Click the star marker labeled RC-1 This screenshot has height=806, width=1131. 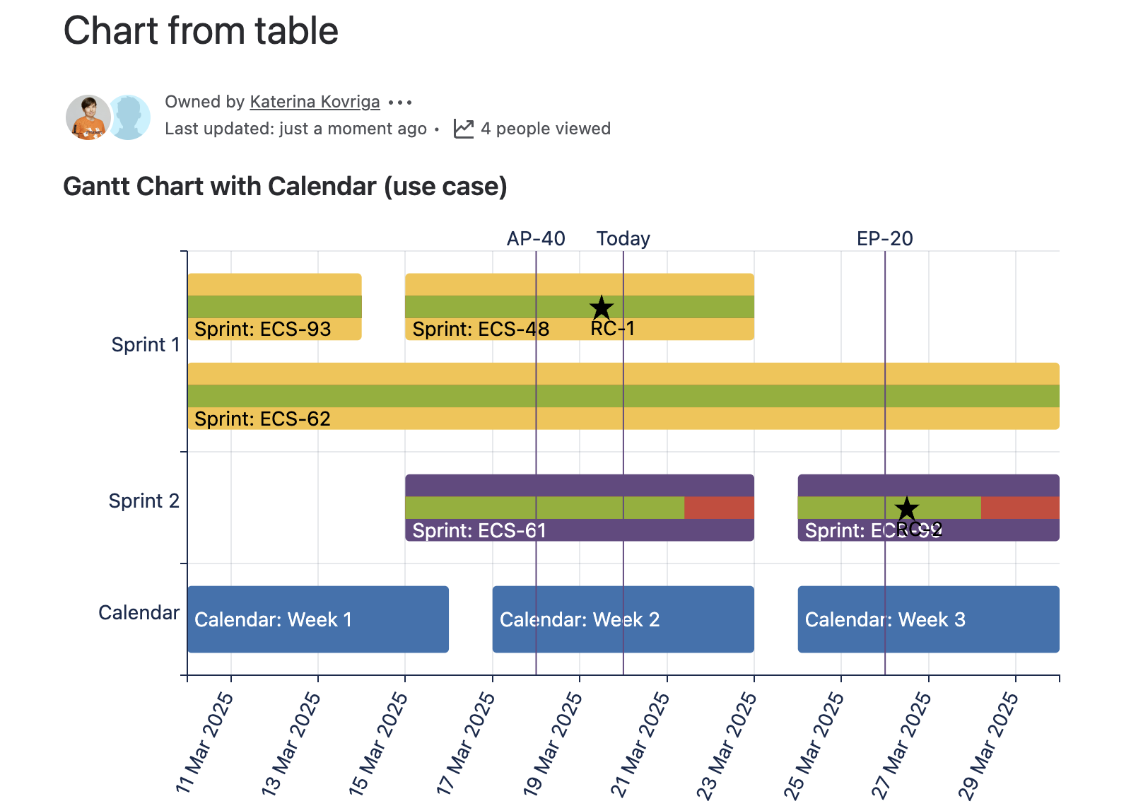click(602, 308)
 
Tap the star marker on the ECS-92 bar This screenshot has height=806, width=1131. click(906, 508)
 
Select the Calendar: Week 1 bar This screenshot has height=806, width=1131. click(318, 619)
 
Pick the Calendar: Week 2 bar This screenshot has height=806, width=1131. click(623, 619)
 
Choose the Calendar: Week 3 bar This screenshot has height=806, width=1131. click(928, 619)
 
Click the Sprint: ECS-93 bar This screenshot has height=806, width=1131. click(274, 307)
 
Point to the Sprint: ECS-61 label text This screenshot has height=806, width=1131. click(479, 530)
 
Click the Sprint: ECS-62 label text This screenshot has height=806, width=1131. click(262, 419)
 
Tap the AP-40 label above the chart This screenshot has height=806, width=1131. click(536, 239)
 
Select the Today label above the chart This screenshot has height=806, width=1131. click(623, 239)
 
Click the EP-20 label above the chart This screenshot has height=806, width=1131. click(884, 239)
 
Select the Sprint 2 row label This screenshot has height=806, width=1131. click(143, 501)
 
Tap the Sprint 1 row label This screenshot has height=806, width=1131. click(146, 344)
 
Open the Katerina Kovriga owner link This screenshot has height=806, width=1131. click(315, 102)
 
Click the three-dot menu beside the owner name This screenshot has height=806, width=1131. click(400, 103)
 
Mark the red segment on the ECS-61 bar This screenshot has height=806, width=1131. click(719, 508)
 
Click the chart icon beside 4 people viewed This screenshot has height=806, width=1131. click(464, 129)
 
